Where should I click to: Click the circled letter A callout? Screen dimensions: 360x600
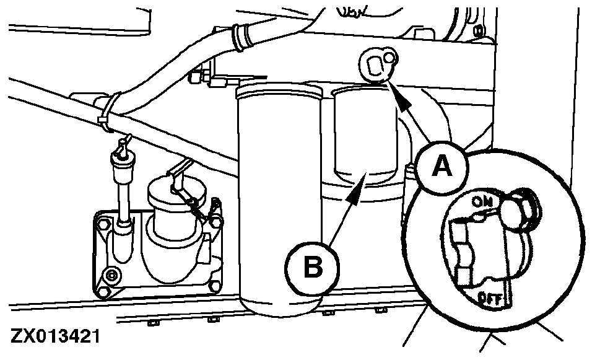tap(441, 166)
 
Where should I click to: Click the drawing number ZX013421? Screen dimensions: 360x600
tap(55, 338)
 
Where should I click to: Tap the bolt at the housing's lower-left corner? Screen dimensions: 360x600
tap(111, 274)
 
